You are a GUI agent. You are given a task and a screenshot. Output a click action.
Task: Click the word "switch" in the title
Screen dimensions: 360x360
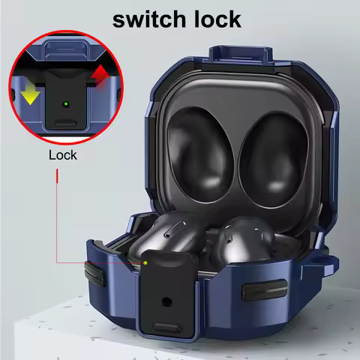click(148, 18)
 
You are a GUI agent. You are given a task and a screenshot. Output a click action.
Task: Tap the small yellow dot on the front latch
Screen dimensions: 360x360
click(145, 262)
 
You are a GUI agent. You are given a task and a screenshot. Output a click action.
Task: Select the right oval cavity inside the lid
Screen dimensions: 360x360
click(266, 148)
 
